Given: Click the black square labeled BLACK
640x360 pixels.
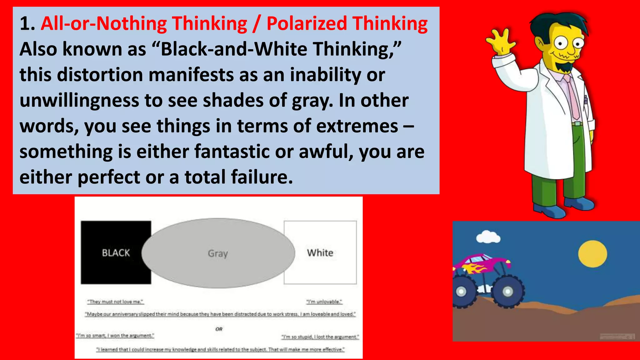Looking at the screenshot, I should [x=116, y=252].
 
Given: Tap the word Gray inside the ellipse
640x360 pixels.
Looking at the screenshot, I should [x=218, y=253].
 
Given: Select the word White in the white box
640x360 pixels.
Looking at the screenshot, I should [x=320, y=252].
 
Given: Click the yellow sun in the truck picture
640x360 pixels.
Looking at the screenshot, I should [x=592, y=253].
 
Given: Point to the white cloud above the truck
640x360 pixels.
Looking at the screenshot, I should [x=488, y=237].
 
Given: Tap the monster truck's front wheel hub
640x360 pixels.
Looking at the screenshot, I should [x=507, y=292].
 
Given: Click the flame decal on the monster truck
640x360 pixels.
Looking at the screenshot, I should [x=476, y=268].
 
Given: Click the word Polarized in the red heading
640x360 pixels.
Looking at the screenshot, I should [x=307, y=24].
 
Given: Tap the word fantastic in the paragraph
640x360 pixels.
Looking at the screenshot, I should [x=232, y=152].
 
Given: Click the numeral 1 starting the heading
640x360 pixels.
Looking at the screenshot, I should [x=25, y=24].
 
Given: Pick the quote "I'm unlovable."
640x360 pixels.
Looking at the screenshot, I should [x=324, y=302].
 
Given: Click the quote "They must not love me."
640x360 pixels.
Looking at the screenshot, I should [x=115, y=302].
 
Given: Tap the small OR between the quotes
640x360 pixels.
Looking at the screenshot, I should [x=219, y=329].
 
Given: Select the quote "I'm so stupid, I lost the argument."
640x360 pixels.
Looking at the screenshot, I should [x=320, y=337].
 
